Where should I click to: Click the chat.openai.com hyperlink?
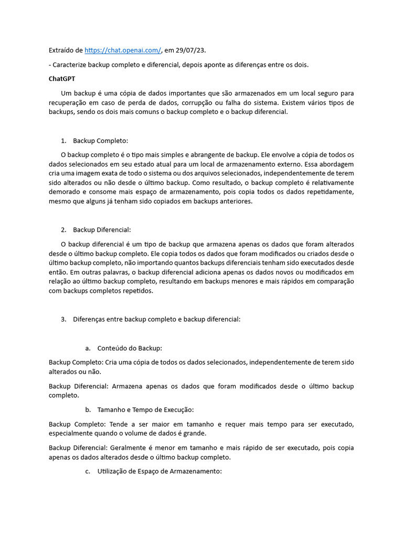(123, 50)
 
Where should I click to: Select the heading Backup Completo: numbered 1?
(100, 141)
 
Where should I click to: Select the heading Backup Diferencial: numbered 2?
(102, 230)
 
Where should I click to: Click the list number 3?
(63, 319)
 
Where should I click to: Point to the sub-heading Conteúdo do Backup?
(130, 348)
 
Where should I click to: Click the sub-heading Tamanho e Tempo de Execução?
(146, 409)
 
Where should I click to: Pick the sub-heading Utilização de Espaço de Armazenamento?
(160, 471)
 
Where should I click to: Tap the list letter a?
(87, 348)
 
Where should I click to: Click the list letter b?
(87, 409)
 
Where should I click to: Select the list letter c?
(87, 471)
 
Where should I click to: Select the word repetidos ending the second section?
(136, 291)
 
